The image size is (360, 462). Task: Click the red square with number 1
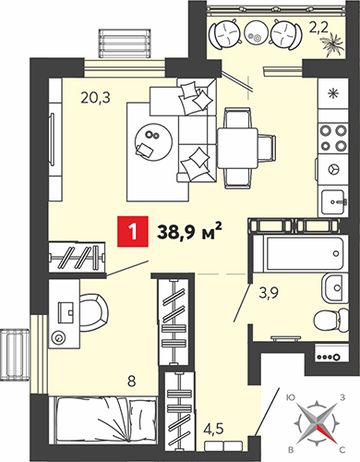point(133,232)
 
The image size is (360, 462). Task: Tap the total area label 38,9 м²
point(189,231)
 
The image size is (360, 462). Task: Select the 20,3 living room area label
point(95,98)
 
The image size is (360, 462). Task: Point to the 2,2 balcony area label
point(320,30)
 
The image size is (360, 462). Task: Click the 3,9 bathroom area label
point(269,294)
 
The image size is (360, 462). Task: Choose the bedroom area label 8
point(131,382)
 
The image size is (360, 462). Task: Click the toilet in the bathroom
point(330,321)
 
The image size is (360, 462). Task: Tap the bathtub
point(300,254)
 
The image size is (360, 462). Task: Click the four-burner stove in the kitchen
point(333,139)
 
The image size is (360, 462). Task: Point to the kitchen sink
point(335,202)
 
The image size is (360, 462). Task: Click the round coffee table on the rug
point(153,141)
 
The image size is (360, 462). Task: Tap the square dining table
point(237,149)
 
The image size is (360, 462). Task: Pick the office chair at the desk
point(94,313)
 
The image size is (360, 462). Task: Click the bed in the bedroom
point(105,419)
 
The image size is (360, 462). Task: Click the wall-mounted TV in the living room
point(53,140)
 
